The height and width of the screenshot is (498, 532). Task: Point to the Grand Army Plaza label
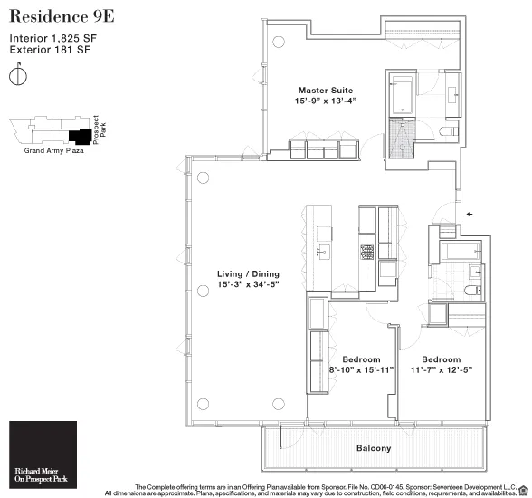click(x=52, y=151)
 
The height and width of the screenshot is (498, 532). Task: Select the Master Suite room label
click(x=326, y=91)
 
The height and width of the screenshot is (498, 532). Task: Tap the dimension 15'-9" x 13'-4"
click(x=326, y=101)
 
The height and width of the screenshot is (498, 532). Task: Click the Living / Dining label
click(x=248, y=273)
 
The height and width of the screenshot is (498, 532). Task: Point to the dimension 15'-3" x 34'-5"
click(x=248, y=285)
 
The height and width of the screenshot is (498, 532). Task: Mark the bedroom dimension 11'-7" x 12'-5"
click(x=442, y=370)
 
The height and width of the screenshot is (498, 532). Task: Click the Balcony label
click(x=374, y=448)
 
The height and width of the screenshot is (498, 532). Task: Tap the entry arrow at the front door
click(x=468, y=215)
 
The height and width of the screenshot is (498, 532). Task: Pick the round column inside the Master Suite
click(x=279, y=41)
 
